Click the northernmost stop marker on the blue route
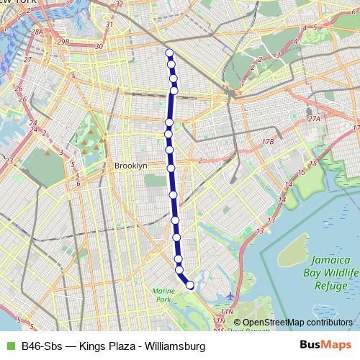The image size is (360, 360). coord(169,53)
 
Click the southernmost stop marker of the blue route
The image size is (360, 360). coord(190,285)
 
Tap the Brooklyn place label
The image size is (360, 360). coord(130,166)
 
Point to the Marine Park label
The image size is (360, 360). coord(163,294)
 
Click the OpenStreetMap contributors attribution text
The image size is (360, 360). coord(297,323)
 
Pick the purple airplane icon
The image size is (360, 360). coord(230,296)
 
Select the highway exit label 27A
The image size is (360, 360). coord(312,119)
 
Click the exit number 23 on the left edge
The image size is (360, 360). coord(8,160)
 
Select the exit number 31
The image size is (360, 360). coord(109,24)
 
